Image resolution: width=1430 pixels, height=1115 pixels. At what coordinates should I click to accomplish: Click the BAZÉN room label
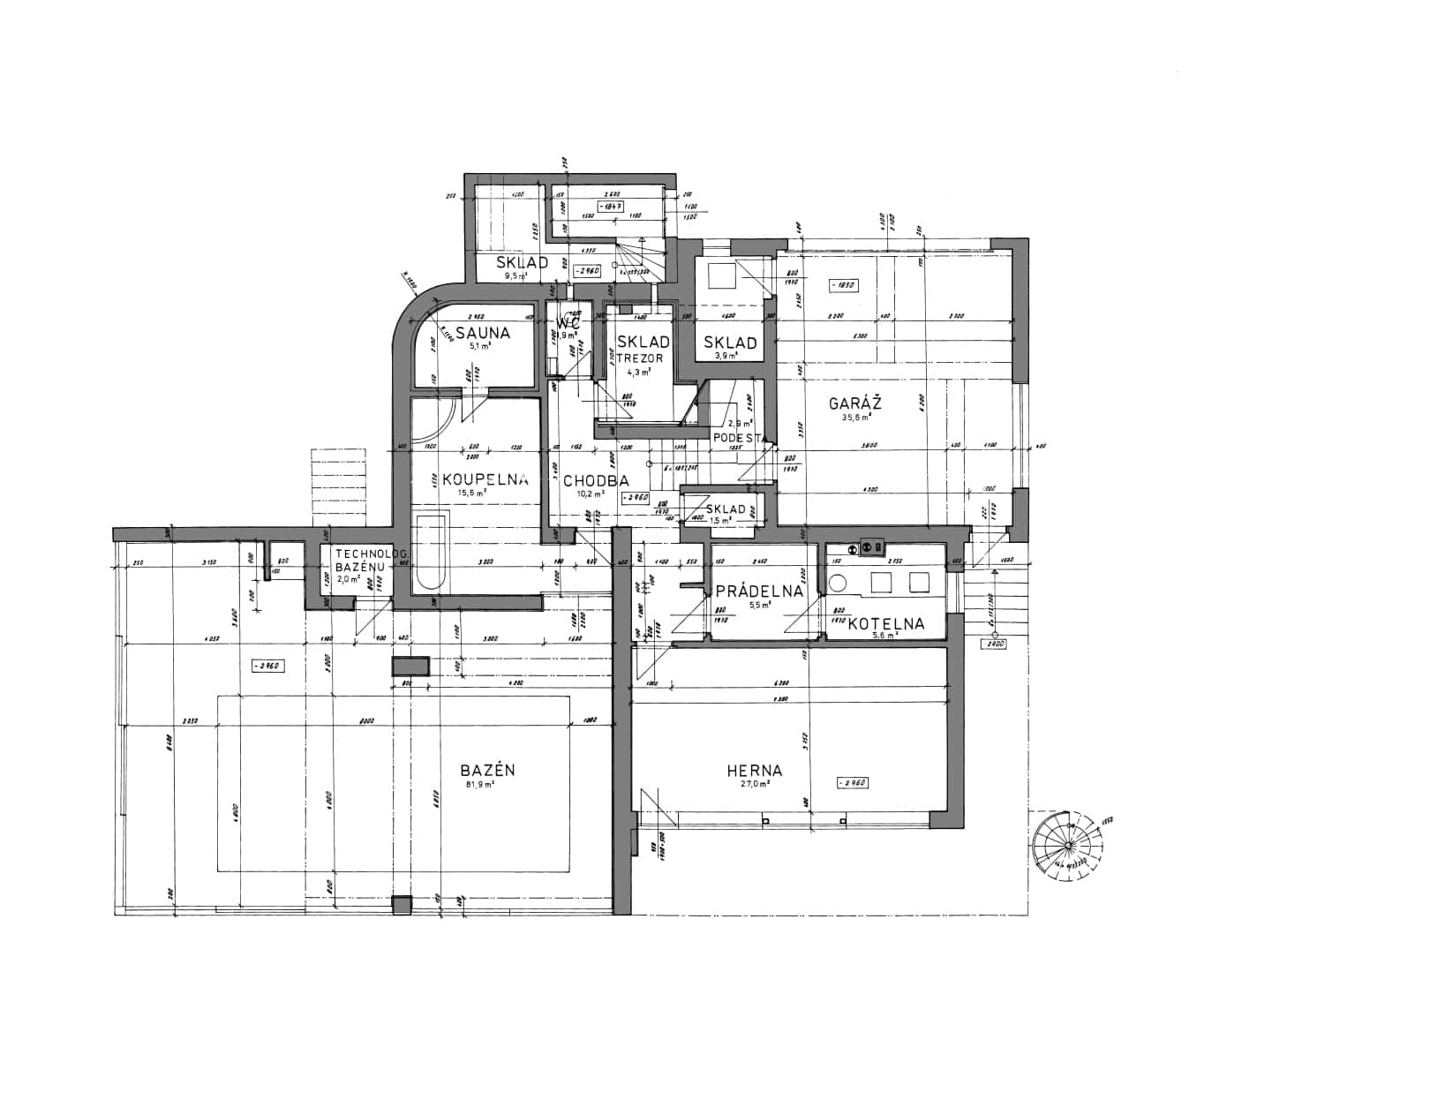tap(487, 770)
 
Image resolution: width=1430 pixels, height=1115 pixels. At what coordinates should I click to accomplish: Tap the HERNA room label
tap(755, 770)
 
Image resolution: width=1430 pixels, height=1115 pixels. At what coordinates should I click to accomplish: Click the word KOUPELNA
tap(485, 479)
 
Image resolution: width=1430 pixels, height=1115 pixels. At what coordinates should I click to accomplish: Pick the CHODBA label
tap(595, 480)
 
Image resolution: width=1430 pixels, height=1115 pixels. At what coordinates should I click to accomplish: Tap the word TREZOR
tap(639, 358)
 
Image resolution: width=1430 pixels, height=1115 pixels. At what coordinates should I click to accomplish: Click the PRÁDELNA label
tap(759, 591)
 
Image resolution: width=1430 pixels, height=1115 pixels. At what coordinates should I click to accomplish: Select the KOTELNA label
tap(885, 623)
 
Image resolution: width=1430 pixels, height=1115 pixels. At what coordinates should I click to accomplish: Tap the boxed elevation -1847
tap(611, 206)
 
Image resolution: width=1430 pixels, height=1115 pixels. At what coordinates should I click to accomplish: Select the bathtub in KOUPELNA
tap(431, 552)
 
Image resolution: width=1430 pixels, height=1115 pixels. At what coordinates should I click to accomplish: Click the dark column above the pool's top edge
tap(410, 667)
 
